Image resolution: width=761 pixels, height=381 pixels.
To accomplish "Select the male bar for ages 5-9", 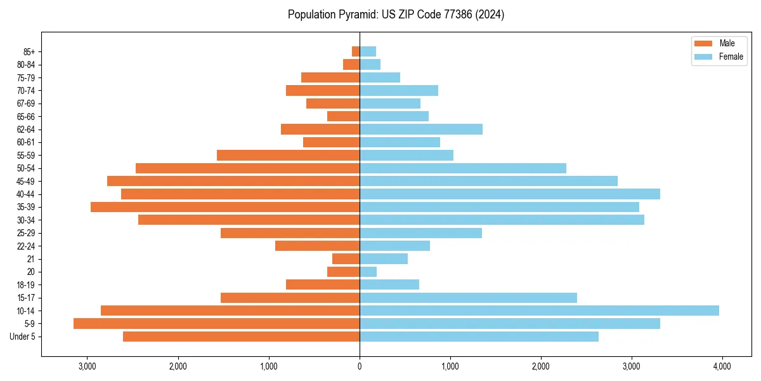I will (216, 323).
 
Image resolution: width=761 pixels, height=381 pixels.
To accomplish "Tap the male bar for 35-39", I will (225, 207).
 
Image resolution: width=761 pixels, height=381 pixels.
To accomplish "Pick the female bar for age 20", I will (368, 272).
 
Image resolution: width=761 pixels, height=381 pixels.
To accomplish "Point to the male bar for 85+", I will (356, 51).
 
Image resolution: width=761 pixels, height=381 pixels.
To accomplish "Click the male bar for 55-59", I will (288, 155).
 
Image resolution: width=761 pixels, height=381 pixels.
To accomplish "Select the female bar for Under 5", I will (479, 337).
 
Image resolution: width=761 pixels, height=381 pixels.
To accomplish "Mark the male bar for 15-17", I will (290, 298).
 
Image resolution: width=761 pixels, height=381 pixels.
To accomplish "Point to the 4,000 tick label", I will (722, 366).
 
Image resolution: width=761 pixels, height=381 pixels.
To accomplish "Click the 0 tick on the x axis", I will (360, 366).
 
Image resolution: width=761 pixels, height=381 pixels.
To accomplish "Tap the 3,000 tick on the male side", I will (87, 366).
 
